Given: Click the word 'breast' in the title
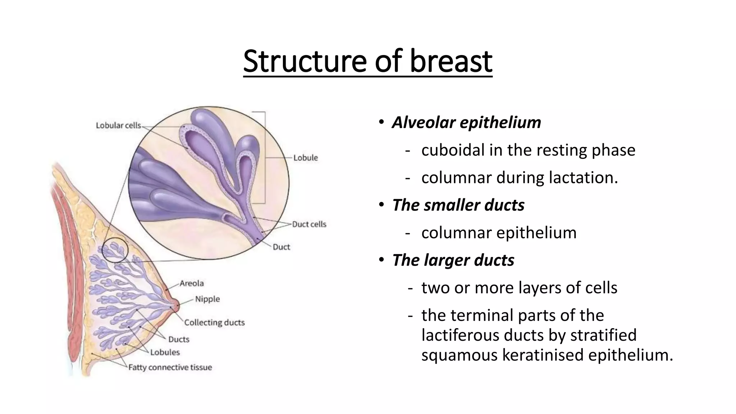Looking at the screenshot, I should [x=451, y=61].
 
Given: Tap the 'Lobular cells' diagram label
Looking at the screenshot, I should [x=118, y=125].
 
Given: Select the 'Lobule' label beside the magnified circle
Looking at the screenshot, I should [x=305, y=158].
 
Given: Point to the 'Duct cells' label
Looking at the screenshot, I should [x=309, y=224].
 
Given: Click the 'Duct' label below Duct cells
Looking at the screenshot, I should [x=281, y=247].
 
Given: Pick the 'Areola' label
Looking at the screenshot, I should [x=192, y=283].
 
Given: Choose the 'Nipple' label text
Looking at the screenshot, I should [x=207, y=299].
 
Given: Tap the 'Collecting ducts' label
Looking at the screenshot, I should [x=214, y=322].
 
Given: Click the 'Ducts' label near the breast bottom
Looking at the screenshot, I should [x=179, y=339].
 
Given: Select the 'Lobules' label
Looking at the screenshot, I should [x=165, y=352].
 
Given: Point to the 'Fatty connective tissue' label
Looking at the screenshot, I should [x=170, y=367].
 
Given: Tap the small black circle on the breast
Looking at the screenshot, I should [x=115, y=250].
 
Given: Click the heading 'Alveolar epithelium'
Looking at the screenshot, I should [x=466, y=122].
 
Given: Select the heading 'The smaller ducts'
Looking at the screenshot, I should [x=458, y=205].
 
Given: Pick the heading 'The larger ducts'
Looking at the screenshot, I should [x=453, y=260].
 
